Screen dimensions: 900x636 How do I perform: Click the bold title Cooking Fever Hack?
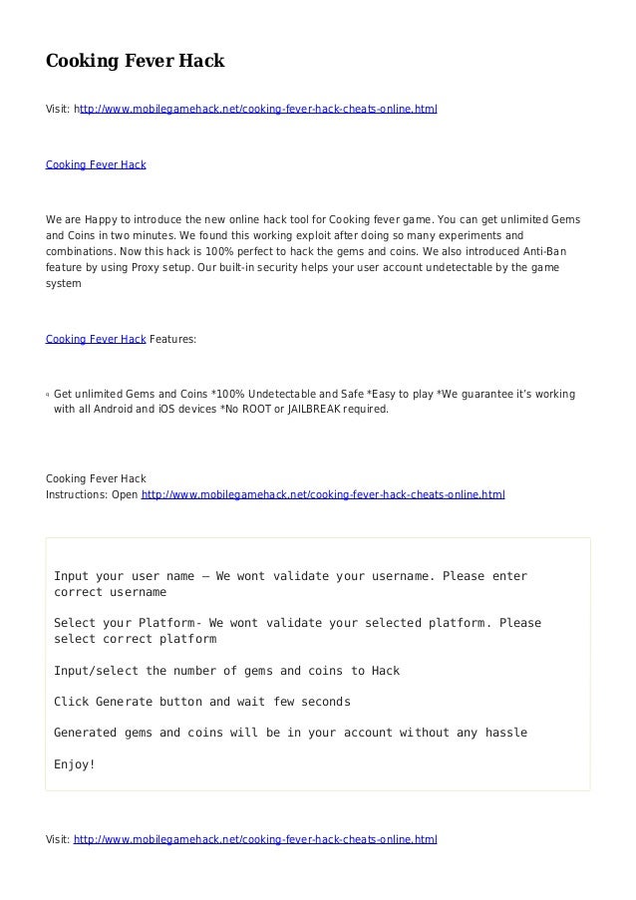pyautogui.click(x=136, y=62)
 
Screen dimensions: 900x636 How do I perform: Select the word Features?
pyautogui.click(x=174, y=340)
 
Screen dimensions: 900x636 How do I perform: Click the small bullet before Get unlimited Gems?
pyautogui.click(x=48, y=395)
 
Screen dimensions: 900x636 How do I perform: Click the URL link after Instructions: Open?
pyautogui.click(x=324, y=493)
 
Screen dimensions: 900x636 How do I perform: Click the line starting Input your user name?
pyautogui.click(x=290, y=576)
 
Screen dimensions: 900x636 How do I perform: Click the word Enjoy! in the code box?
pyautogui.click(x=75, y=765)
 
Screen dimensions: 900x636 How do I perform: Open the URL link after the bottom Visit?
pyautogui.click(x=255, y=839)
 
